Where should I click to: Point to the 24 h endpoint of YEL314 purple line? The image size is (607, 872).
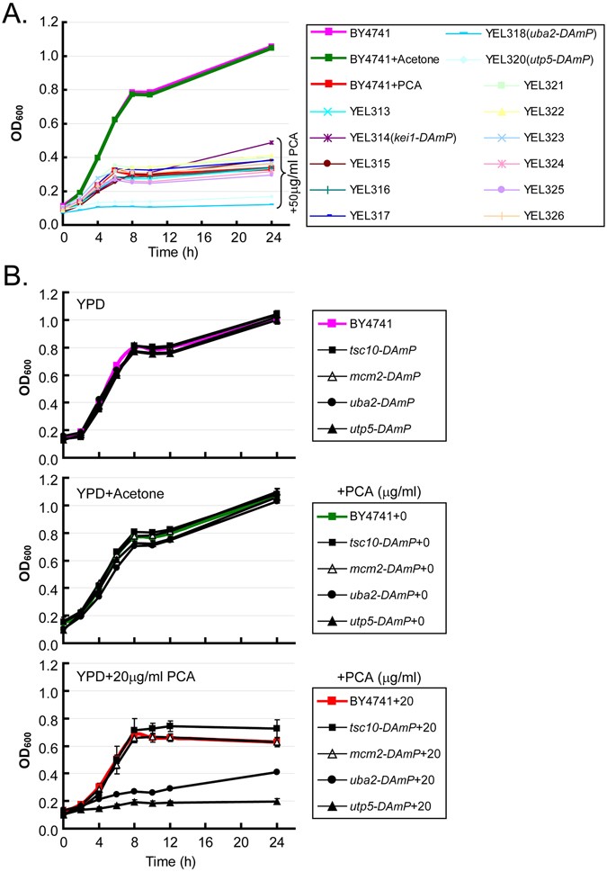coord(272,142)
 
